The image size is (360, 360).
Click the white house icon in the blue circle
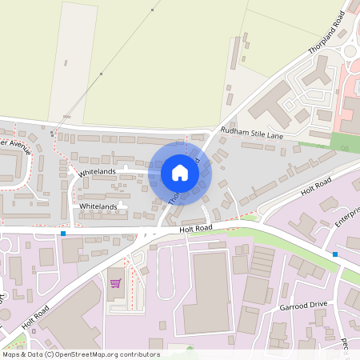(180, 172)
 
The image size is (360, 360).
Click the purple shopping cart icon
(115, 282)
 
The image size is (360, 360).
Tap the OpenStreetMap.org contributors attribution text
(81, 354)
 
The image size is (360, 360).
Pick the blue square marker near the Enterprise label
(335, 254)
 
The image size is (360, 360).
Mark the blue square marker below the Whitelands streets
(62, 234)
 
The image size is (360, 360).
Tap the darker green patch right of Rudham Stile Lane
(345, 142)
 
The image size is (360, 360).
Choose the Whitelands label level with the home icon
(97, 172)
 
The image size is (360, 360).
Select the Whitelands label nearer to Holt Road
(99, 206)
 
